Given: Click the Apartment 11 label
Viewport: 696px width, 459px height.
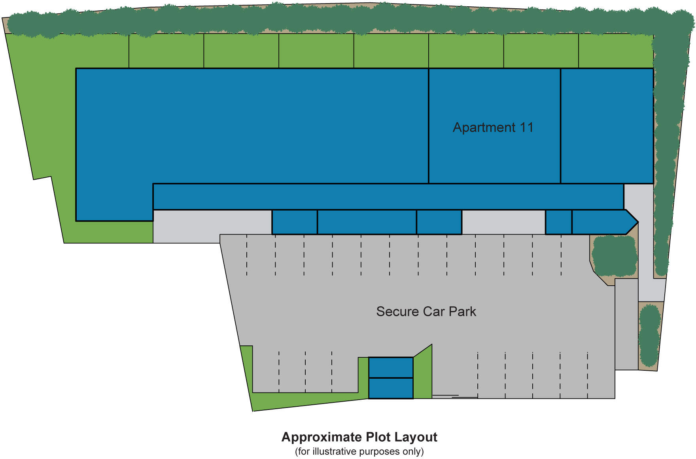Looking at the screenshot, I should coord(493,127).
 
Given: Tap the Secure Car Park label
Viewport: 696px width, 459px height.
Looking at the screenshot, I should coord(426,311).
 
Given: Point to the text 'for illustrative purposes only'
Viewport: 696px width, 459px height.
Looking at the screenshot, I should coord(359,451).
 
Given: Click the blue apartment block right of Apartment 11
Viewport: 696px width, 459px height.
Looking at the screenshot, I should coord(607,126).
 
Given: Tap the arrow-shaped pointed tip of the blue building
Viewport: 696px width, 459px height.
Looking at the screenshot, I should coord(631,222).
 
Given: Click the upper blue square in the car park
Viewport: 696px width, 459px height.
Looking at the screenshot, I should coord(391,368).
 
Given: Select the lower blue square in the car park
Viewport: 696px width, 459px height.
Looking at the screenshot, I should coord(391,388).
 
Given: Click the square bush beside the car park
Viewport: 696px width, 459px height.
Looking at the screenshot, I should coord(614,256).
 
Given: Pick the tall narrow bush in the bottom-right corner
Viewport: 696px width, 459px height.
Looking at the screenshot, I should coord(649,336).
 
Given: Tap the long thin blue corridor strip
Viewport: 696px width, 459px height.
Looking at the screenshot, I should coord(388,196).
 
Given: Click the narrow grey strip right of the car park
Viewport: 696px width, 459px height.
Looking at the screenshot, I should coord(626,324).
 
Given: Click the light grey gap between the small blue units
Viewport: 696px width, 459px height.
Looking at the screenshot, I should coord(503,222).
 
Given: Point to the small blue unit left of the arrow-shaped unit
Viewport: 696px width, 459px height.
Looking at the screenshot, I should coord(558,222).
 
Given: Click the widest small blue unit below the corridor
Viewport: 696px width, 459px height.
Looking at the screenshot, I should coord(367,222).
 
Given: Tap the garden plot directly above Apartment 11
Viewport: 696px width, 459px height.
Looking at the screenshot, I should coord(466,51).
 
